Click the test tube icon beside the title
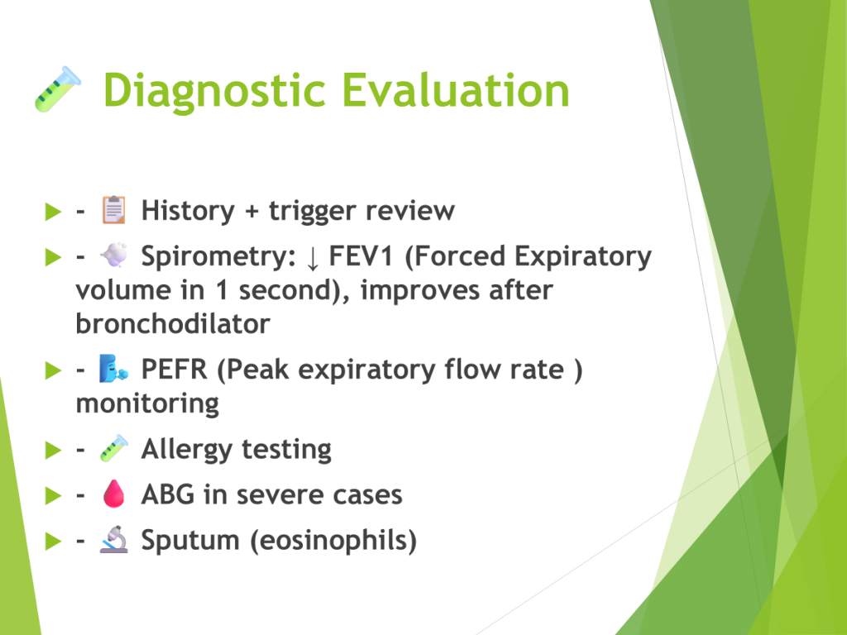click(x=58, y=89)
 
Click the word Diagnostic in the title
click(x=214, y=92)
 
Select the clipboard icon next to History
click(x=114, y=209)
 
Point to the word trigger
click(x=311, y=211)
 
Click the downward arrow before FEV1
click(x=312, y=258)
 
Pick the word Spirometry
click(x=218, y=257)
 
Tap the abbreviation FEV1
click(x=361, y=256)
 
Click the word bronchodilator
click(x=173, y=324)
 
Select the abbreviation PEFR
click(x=174, y=370)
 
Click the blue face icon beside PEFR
click(x=113, y=369)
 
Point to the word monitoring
click(x=147, y=404)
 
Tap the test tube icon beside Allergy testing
click(x=114, y=448)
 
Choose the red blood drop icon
click(x=114, y=494)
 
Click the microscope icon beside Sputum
click(x=114, y=539)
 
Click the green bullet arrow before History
click(x=54, y=212)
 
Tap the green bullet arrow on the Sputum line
click(x=54, y=541)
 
